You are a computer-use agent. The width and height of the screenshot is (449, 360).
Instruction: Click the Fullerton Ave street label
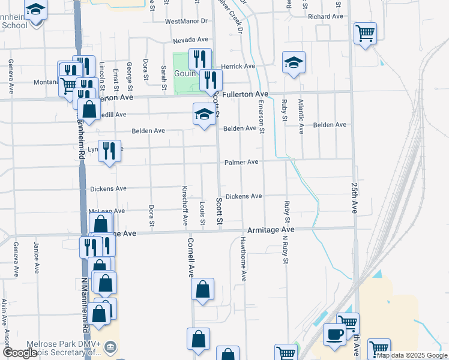click(x=245, y=95)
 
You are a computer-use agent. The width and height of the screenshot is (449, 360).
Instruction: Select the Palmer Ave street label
click(x=241, y=162)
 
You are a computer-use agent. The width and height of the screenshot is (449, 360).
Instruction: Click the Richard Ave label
click(x=325, y=16)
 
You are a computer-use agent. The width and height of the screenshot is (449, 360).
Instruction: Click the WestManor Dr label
click(x=185, y=21)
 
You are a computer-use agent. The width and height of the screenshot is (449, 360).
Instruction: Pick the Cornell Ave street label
click(x=190, y=257)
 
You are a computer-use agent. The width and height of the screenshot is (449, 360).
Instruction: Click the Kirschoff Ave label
click(x=185, y=206)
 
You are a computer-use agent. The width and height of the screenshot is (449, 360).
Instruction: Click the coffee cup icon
click(x=334, y=333)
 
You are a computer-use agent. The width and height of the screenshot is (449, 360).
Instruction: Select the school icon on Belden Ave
click(x=204, y=113)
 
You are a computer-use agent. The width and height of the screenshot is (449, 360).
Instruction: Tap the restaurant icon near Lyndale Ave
click(x=109, y=150)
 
